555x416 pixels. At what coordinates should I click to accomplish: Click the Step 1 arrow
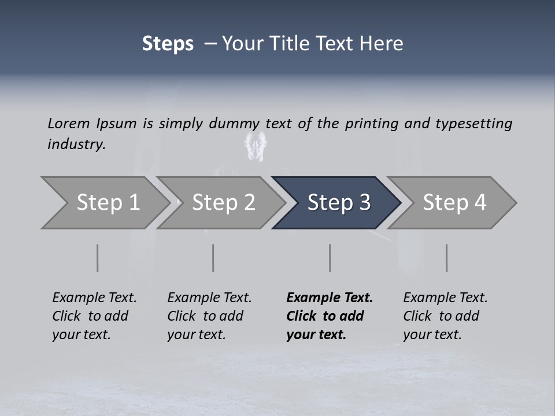click(x=104, y=203)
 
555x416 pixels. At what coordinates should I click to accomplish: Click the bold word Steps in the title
click(x=168, y=44)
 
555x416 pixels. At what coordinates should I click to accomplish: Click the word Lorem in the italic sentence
click(x=69, y=124)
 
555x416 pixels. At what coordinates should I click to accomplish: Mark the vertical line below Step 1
click(x=98, y=258)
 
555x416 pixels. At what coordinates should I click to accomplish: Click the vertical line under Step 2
click(x=213, y=258)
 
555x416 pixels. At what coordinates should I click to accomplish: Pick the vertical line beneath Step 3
click(x=330, y=258)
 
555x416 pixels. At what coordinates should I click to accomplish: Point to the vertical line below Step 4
click(x=447, y=258)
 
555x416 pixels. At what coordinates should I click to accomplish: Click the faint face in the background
click(x=256, y=144)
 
